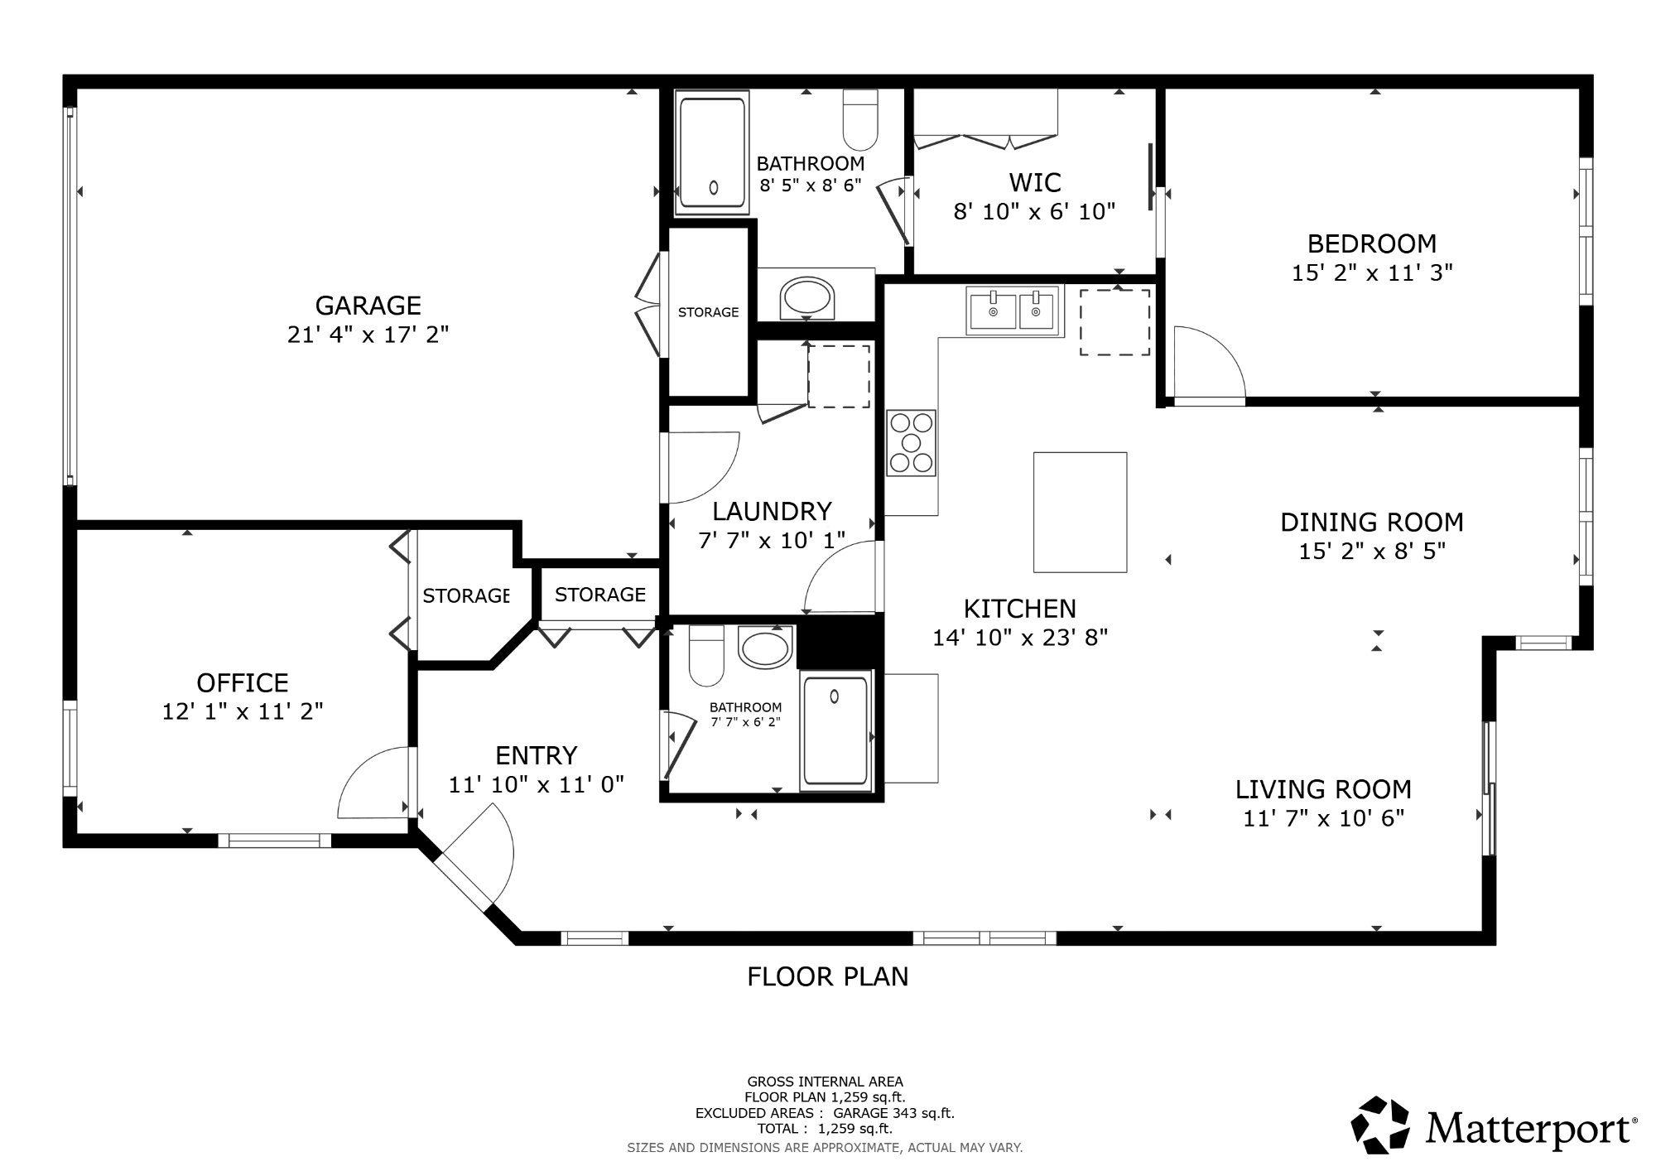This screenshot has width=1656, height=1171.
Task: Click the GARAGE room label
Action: (368, 306)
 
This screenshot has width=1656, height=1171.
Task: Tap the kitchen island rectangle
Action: (1080, 512)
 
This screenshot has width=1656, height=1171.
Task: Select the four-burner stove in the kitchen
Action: (911, 443)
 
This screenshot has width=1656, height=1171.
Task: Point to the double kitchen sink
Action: (1014, 311)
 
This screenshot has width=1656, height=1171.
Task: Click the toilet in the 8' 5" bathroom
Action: (860, 119)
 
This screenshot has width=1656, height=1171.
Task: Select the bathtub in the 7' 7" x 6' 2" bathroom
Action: (836, 730)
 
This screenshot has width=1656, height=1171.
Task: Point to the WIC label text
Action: (1035, 182)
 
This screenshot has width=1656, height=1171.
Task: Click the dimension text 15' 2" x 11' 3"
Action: (1372, 272)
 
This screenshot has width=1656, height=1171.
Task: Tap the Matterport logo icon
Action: (1380, 1125)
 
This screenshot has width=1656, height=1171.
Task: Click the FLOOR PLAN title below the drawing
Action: (828, 977)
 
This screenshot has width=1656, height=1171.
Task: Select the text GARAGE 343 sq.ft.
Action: (893, 1113)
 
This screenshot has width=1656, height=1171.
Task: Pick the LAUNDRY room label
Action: (772, 511)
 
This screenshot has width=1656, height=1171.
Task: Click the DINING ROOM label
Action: (1372, 523)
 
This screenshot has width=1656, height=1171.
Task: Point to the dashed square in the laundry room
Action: (839, 377)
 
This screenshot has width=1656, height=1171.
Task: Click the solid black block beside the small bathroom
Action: (838, 643)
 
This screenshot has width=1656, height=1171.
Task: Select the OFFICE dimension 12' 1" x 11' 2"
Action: (243, 711)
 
